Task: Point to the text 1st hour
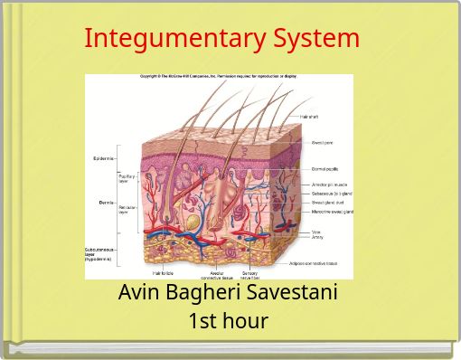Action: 228,320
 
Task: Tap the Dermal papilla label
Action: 326,169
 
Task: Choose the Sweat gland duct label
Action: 328,203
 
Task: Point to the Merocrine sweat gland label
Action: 333,212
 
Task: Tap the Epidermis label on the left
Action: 103,158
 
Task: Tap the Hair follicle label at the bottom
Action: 163,272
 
